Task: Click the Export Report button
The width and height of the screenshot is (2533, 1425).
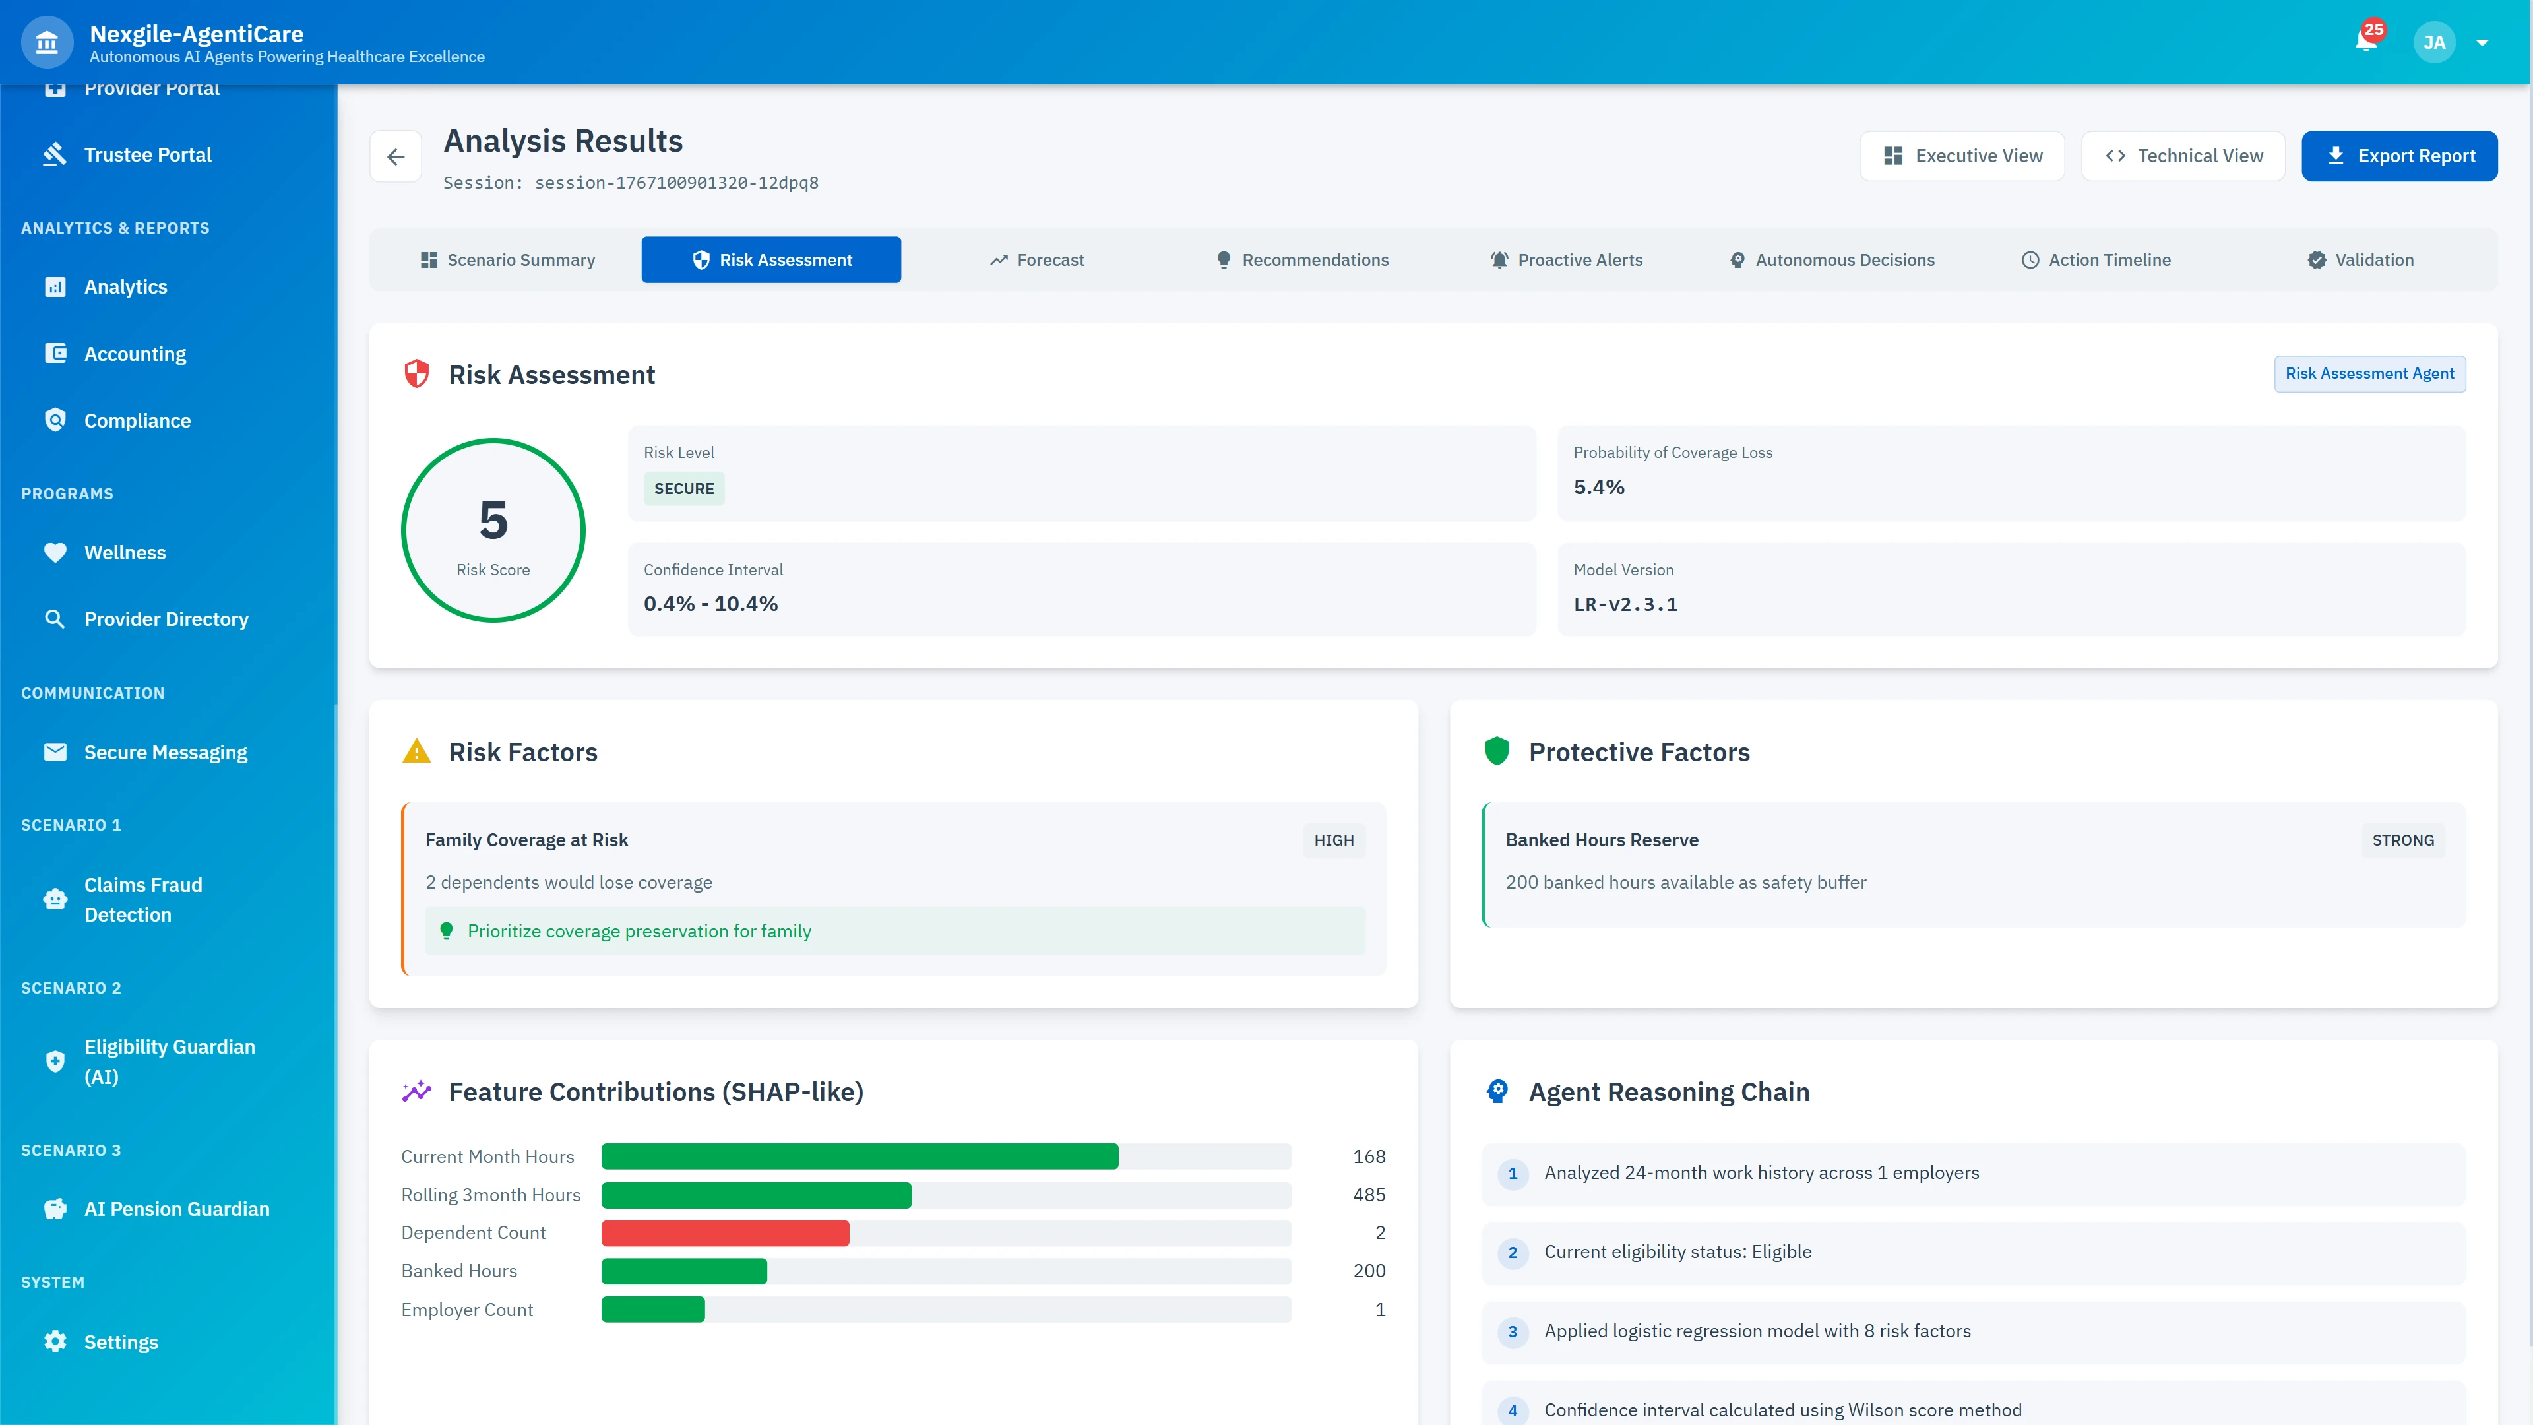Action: [x=2398, y=156]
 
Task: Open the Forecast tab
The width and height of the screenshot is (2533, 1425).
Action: [x=1038, y=260]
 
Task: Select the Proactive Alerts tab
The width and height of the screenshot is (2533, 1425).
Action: [x=1567, y=260]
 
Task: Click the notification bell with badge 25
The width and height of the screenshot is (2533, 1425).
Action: [x=2366, y=42]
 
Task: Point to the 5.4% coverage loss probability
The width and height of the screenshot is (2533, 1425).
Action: [x=1599, y=487]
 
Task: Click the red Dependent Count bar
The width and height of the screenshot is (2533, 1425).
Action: [x=725, y=1233]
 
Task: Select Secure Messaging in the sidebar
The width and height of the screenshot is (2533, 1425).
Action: [x=165, y=752]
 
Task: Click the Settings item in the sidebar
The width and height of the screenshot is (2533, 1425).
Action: [x=121, y=1343]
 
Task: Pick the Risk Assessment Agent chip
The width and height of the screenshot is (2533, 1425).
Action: [x=2369, y=373]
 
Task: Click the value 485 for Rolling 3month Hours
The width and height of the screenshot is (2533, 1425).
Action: [x=1369, y=1195]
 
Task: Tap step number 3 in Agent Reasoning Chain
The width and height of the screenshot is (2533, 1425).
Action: [x=1513, y=1331]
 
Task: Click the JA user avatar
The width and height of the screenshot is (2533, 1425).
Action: [x=2433, y=42]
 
